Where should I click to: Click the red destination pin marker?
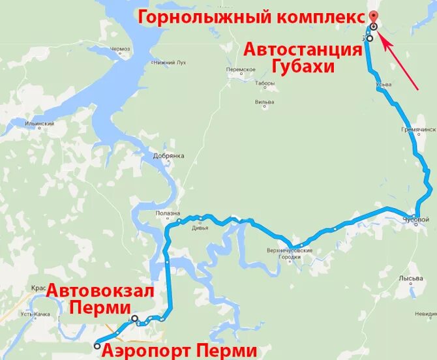pos(372,19)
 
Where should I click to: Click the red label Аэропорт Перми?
pos(179,350)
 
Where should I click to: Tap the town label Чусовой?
pos(415,219)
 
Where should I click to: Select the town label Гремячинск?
pos(417,130)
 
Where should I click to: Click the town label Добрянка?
pos(169,156)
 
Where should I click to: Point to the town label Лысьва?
pos(411,278)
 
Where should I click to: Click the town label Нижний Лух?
pos(169,63)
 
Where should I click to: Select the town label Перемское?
pos(241,69)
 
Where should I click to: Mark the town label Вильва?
pos(264,102)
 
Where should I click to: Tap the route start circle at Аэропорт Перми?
pos(97,345)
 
